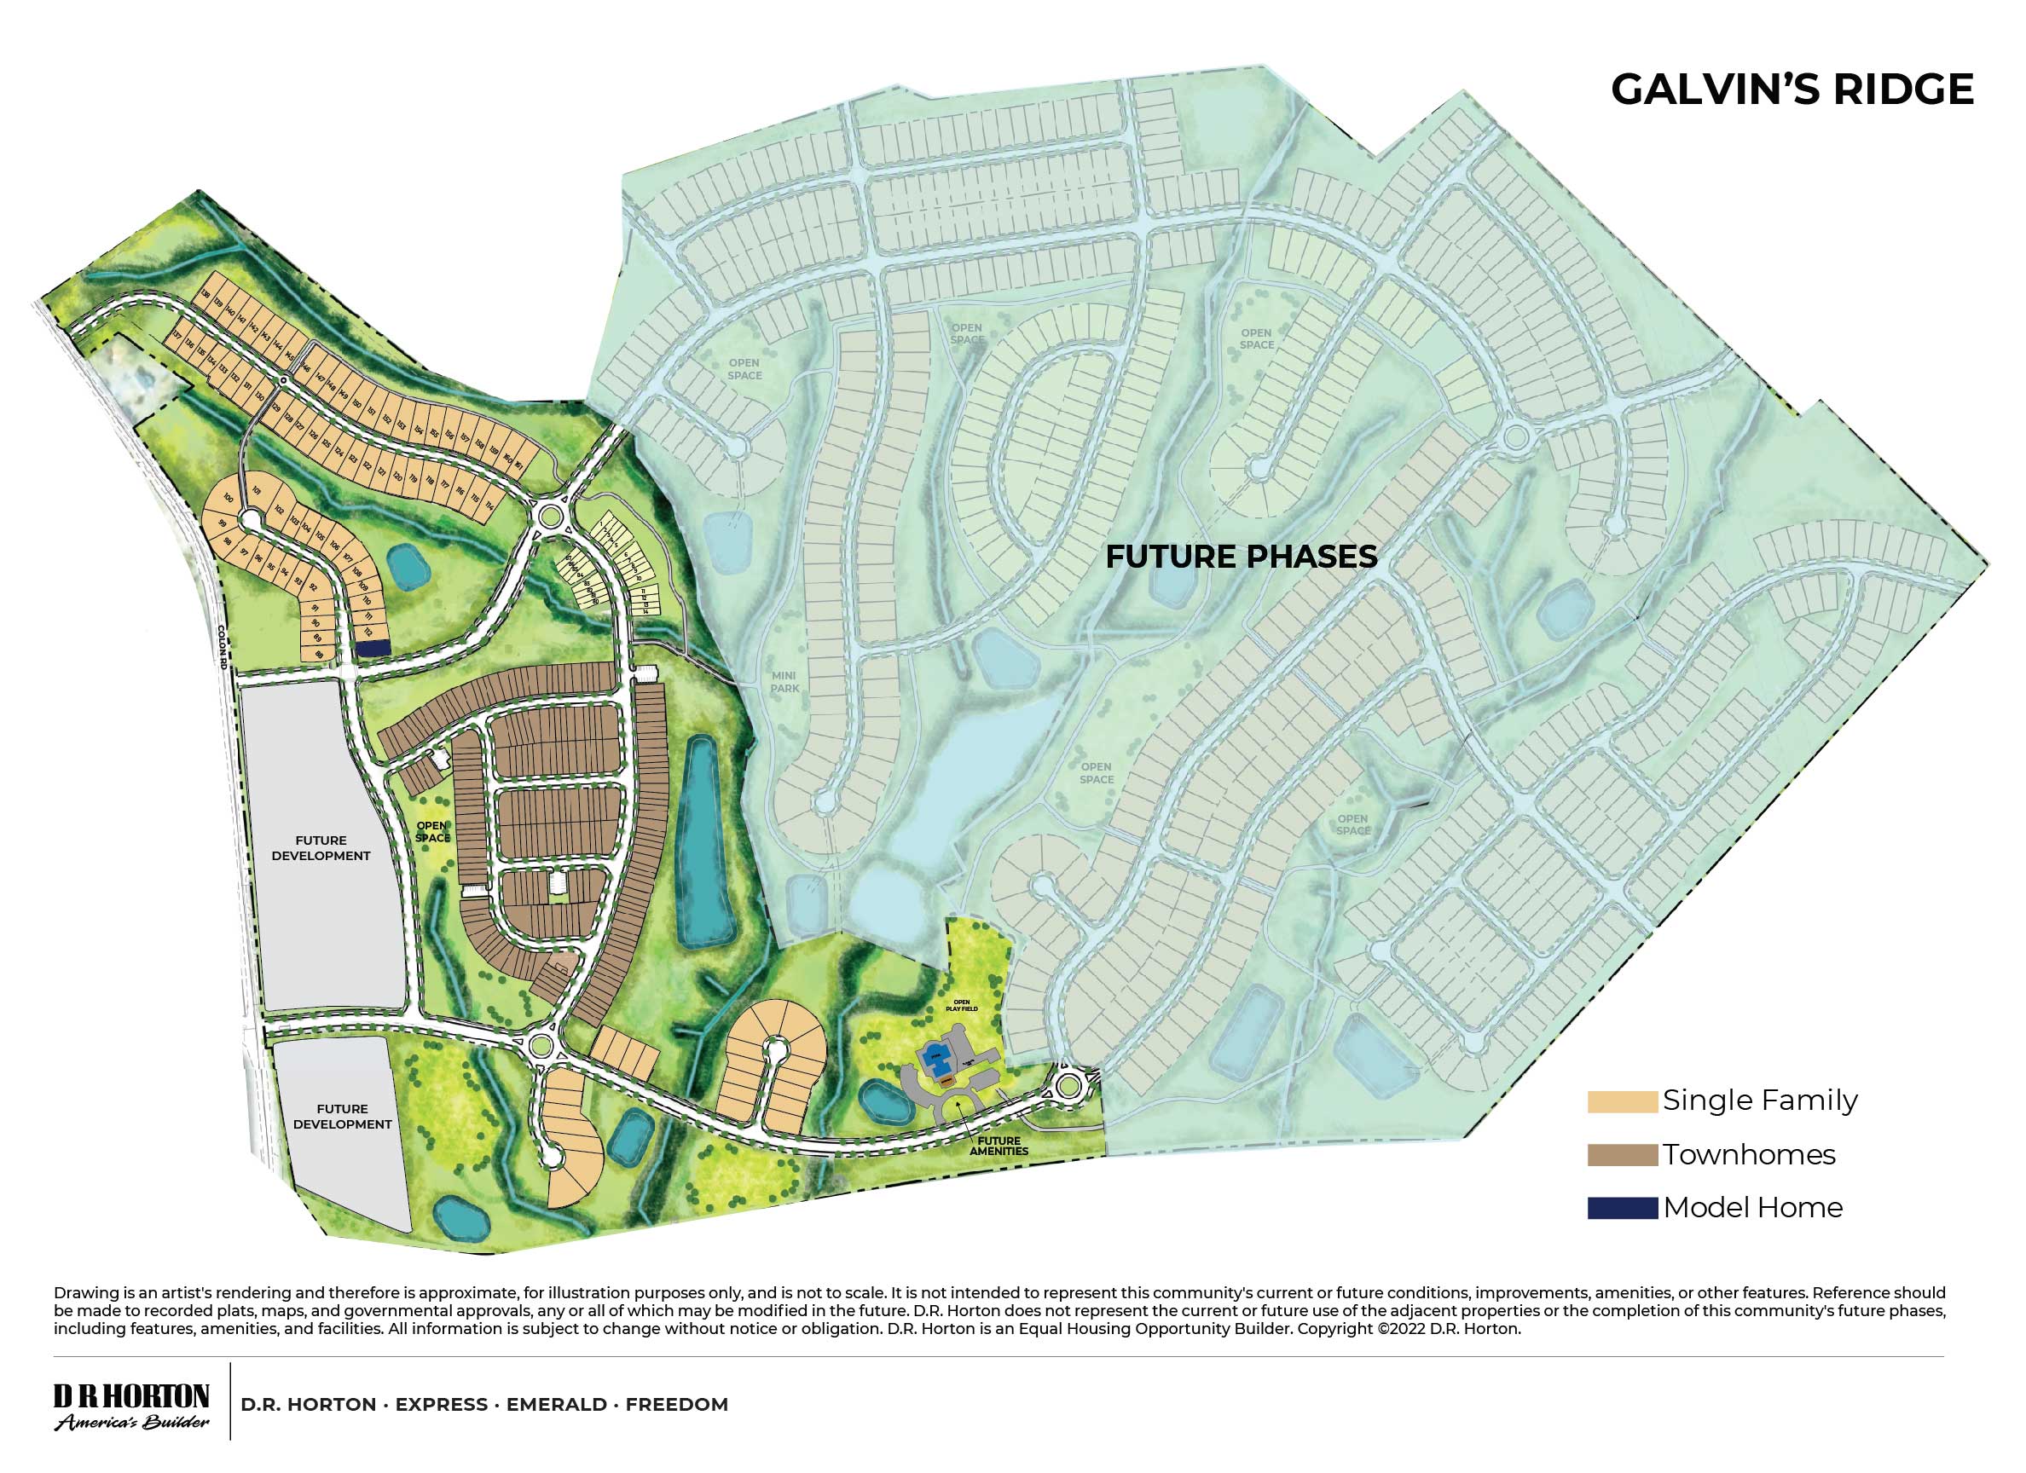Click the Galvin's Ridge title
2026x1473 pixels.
[x=1791, y=90]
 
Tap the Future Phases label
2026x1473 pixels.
[x=1241, y=557]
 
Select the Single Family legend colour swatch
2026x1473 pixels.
[x=1621, y=1101]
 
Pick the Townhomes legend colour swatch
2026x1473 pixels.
[x=1621, y=1155]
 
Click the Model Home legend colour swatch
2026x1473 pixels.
[x=1621, y=1208]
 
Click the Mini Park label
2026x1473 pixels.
[x=785, y=683]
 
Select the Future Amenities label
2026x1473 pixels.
[x=999, y=1145]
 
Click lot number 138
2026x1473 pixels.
[x=205, y=294]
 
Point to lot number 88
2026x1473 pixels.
[x=319, y=654]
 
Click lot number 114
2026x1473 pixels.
[x=489, y=505]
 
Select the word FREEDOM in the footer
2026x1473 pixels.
[x=676, y=1404]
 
